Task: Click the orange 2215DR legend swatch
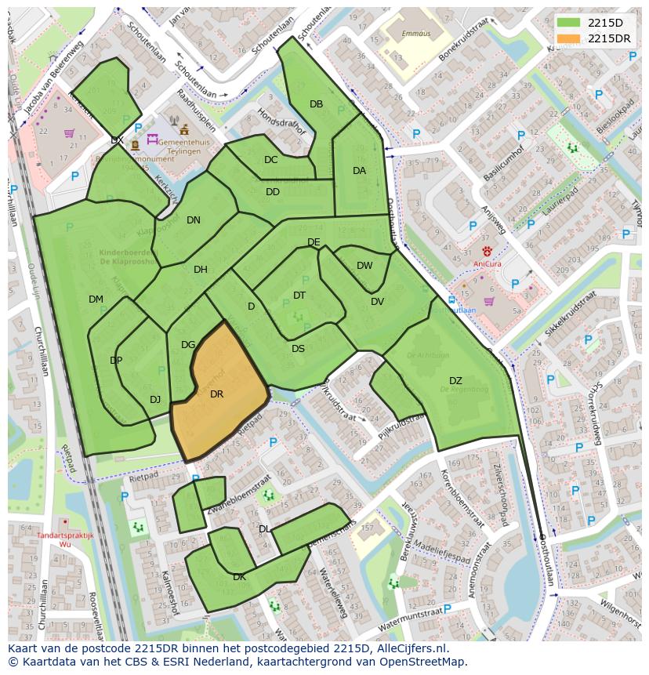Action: [569, 38]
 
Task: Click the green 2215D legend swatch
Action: [569, 24]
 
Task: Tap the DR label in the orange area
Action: [217, 394]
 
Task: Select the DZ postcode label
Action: [455, 381]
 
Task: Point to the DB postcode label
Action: [316, 104]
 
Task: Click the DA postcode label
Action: [359, 171]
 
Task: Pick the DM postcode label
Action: [96, 299]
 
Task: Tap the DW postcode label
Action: [364, 266]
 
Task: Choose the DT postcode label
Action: [299, 296]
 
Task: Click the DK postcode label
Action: [240, 577]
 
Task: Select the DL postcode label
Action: [265, 529]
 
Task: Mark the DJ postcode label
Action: [155, 400]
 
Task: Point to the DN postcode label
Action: [194, 220]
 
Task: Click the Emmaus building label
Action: [393, 34]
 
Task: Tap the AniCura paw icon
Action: [487, 252]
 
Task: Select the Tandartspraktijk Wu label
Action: [64, 539]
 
